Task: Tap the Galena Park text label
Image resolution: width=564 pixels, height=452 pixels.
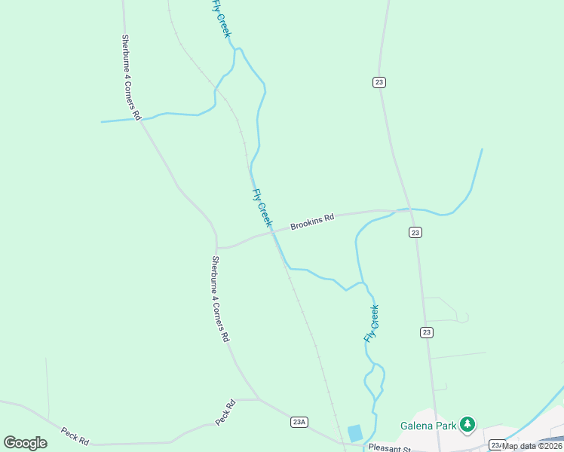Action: pyautogui.click(x=428, y=426)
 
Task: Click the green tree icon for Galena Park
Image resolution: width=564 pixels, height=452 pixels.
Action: pyautogui.click(x=468, y=425)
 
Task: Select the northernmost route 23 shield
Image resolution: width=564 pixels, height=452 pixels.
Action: pyautogui.click(x=379, y=82)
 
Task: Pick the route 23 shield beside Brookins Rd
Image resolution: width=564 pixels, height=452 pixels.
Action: pyautogui.click(x=415, y=233)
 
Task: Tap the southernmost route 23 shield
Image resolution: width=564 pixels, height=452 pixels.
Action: pyautogui.click(x=427, y=331)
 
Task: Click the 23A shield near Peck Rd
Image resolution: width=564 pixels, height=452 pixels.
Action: pyautogui.click(x=299, y=422)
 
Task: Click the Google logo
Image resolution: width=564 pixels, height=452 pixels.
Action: pyautogui.click(x=25, y=443)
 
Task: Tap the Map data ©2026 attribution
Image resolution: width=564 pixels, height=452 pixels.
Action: pyautogui.click(x=532, y=446)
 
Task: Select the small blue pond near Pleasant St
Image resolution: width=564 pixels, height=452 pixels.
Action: pyautogui.click(x=354, y=433)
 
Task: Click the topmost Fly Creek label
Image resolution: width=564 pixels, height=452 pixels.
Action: pyautogui.click(x=221, y=18)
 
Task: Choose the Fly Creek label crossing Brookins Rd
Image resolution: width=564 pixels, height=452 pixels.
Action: pyautogui.click(x=261, y=207)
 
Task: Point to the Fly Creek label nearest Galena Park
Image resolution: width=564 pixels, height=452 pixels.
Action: pyautogui.click(x=371, y=323)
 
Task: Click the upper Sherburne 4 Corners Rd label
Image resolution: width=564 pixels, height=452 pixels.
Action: pyautogui.click(x=131, y=77)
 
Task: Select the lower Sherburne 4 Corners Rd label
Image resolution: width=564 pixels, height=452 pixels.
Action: pyautogui.click(x=219, y=299)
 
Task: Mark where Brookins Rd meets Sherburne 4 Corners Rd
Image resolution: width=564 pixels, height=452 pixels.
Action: pyautogui.click(x=217, y=247)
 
